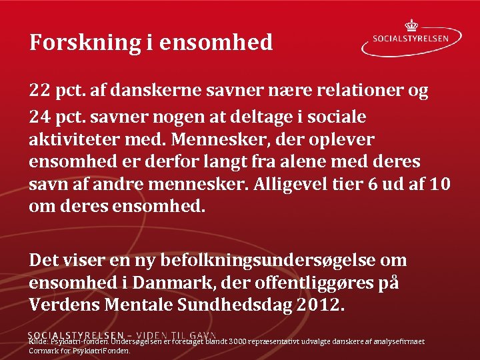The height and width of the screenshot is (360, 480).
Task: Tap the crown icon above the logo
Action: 411,25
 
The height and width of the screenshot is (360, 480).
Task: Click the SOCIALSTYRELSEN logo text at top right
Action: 419,39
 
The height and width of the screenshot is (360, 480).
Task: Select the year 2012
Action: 322,305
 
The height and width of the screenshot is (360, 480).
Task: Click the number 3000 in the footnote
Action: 239,342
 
